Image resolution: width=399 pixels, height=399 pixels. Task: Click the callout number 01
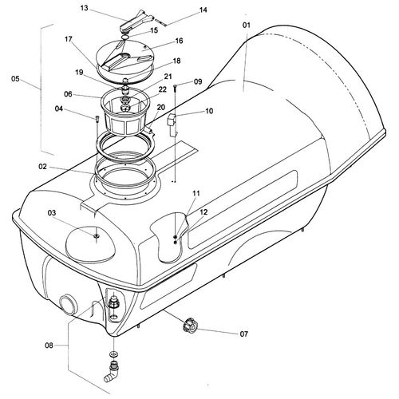click(x=247, y=26)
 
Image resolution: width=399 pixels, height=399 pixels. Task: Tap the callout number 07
click(x=243, y=334)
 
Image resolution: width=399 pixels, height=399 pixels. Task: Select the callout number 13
click(x=84, y=8)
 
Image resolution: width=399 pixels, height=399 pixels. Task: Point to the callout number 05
click(x=15, y=79)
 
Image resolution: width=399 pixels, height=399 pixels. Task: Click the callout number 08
click(x=49, y=346)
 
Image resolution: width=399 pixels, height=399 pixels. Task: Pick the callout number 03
click(x=52, y=213)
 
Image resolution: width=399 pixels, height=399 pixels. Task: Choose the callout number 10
click(x=209, y=111)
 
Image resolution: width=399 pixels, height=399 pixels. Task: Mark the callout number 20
click(x=161, y=107)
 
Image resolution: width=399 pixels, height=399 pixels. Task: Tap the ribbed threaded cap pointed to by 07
click(x=189, y=325)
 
